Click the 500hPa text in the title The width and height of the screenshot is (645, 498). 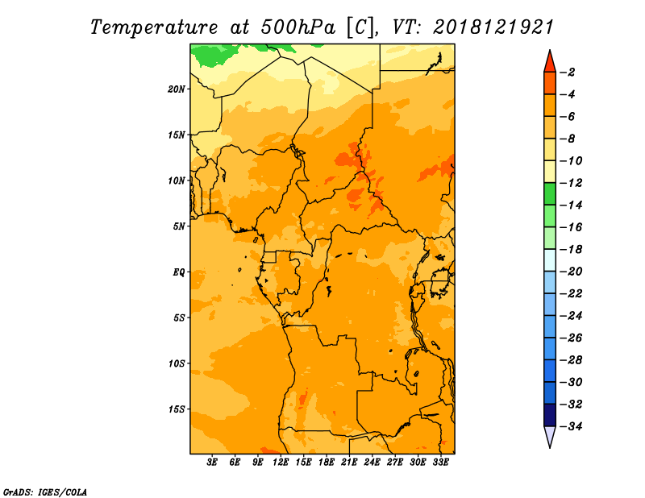(298, 27)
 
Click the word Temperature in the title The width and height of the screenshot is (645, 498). (154, 27)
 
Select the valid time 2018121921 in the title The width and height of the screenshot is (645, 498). (493, 27)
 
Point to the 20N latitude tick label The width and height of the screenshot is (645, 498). (176, 89)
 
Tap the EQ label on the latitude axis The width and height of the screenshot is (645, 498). (179, 272)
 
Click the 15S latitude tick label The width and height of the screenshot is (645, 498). (177, 409)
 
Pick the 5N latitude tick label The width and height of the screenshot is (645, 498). (179, 226)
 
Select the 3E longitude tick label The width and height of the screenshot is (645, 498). (212, 463)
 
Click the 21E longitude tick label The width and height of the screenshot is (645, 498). (349, 463)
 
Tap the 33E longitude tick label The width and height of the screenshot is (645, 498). (440, 463)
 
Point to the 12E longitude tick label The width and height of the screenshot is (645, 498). (281, 463)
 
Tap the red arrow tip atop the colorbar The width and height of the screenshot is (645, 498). (550, 50)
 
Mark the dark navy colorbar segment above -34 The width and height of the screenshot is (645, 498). (550, 415)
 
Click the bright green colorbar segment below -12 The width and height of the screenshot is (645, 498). (550, 193)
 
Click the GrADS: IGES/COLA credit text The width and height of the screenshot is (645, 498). (45, 492)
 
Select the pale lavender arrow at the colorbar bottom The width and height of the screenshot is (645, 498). (550, 437)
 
